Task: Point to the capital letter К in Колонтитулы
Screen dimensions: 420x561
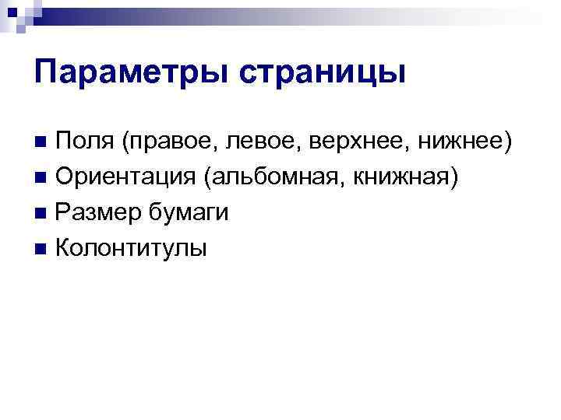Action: (x=66, y=248)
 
